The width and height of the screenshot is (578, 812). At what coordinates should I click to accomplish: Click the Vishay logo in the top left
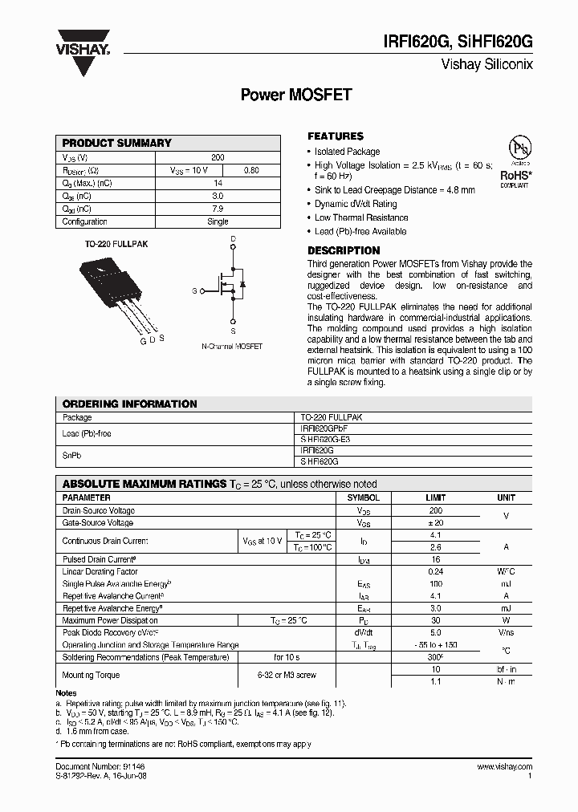point(82,43)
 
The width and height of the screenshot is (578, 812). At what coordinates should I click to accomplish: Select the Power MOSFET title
point(296,94)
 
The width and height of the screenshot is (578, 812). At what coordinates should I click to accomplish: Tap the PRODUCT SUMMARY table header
point(117,143)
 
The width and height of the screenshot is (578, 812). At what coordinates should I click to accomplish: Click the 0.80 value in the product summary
point(251,170)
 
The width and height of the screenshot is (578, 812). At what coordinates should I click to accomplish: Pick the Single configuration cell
point(218,221)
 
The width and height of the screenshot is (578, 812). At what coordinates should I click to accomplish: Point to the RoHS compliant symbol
point(515,164)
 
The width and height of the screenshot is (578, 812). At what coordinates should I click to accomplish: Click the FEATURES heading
point(336,136)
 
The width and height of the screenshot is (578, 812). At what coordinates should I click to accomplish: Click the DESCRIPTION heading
point(344,250)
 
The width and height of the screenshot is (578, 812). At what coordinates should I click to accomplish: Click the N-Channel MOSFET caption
point(231,347)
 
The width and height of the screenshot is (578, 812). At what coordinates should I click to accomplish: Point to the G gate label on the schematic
point(194,290)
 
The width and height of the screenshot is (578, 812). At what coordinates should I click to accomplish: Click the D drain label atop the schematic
point(233,239)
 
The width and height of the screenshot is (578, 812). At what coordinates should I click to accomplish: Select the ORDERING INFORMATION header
point(129,404)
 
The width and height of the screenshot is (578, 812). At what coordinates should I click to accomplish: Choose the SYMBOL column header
point(363,497)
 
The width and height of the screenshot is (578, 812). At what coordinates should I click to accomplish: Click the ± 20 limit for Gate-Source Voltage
point(436,522)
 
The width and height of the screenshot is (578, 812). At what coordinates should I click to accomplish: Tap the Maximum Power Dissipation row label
point(111,619)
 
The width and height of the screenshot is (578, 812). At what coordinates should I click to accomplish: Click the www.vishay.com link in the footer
point(503,767)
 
